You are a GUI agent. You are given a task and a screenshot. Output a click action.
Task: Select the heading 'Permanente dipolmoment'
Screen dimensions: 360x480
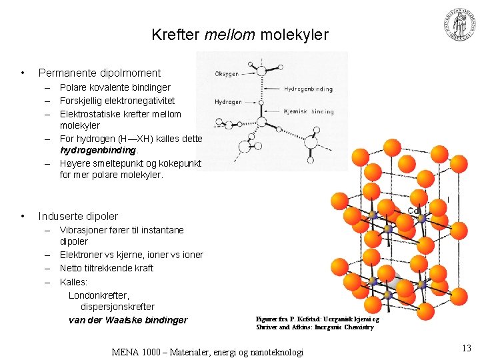pyautogui.click(x=99, y=73)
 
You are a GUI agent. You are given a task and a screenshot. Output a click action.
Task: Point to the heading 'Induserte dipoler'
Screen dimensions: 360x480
pyautogui.click(x=78, y=216)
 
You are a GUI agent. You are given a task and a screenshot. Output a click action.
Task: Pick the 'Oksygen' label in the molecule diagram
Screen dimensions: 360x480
pyautogui.click(x=227, y=74)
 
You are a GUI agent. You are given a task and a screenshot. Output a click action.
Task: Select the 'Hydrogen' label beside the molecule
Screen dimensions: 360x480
pyautogui.click(x=228, y=102)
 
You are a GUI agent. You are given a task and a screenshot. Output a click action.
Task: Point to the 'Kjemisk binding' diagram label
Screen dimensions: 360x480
pyautogui.click(x=309, y=111)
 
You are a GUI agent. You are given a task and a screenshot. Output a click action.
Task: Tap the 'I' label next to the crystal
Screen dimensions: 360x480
pyautogui.click(x=448, y=199)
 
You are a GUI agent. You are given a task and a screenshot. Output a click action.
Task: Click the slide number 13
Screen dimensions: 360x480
pyautogui.click(x=466, y=347)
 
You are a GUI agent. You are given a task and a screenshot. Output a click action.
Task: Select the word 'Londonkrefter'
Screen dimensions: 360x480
pyautogui.click(x=99, y=294)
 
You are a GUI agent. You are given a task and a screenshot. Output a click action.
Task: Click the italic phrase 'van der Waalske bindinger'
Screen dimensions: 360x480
pyautogui.click(x=128, y=320)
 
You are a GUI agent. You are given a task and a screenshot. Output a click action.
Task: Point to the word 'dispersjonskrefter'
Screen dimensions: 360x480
pyautogui.click(x=117, y=307)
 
